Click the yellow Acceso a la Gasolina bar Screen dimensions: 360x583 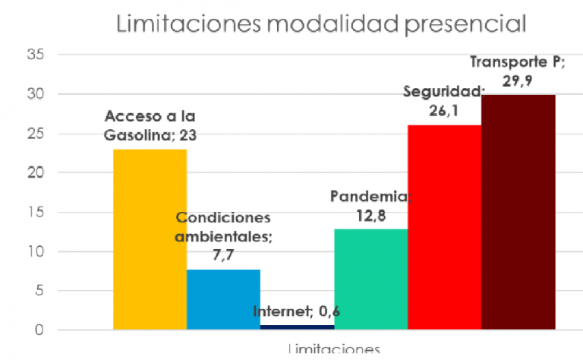[150, 239]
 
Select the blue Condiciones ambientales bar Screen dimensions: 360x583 [223, 299]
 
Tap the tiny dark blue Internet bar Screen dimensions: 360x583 [297, 327]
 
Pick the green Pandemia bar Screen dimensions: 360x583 [370, 279]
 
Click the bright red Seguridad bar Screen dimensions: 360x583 [444, 227]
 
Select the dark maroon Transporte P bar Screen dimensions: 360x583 [518, 212]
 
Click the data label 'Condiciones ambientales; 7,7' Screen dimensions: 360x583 [223, 235]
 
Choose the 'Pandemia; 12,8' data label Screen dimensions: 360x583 [370, 206]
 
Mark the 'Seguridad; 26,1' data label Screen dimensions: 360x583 [443, 100]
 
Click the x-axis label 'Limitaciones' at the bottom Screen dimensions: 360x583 [333, 350]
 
